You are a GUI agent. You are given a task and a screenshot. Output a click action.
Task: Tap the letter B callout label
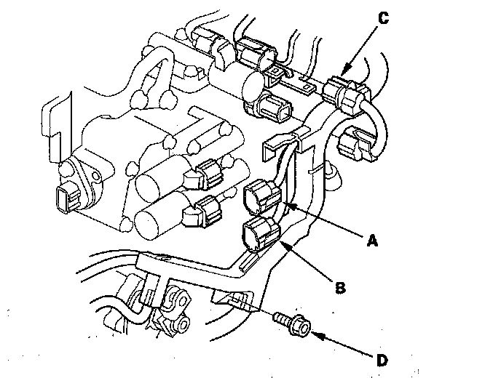click(339, 287)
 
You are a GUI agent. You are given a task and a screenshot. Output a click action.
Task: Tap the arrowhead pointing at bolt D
click(315, 334)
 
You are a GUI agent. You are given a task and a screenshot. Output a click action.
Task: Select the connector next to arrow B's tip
click(260, 233)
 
